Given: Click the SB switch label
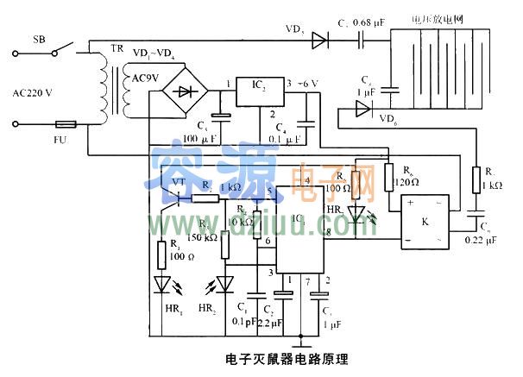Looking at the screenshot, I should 40,41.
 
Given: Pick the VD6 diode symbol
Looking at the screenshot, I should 362,110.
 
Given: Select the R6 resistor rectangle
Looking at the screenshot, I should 388,176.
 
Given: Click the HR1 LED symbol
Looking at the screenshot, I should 161,283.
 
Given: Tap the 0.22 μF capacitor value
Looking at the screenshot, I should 480,240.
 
